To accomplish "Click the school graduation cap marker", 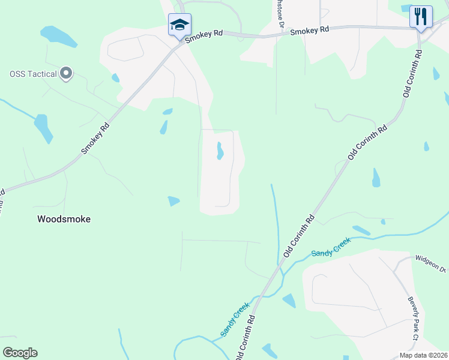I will [x=179, y=25].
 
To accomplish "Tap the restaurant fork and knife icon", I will [x=421, y=16].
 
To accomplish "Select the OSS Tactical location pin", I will [x=67, y=74].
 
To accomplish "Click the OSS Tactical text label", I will [x=34, y=74].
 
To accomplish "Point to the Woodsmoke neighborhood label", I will [x=64, y=219].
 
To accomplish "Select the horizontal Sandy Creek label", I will [x=330, y=253].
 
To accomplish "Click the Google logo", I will [x=20, y=353].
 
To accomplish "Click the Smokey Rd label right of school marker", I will [x=204, y=37].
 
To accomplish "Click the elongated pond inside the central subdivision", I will [x=220, y=151].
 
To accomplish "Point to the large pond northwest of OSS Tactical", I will [x=58, y=37].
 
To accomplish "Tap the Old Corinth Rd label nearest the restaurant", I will [x=412, y=74].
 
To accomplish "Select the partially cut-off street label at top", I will [x=280, y=13].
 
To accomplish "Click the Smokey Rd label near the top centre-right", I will [x=310, y=29].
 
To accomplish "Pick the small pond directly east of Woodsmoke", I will [x=173, y=201].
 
